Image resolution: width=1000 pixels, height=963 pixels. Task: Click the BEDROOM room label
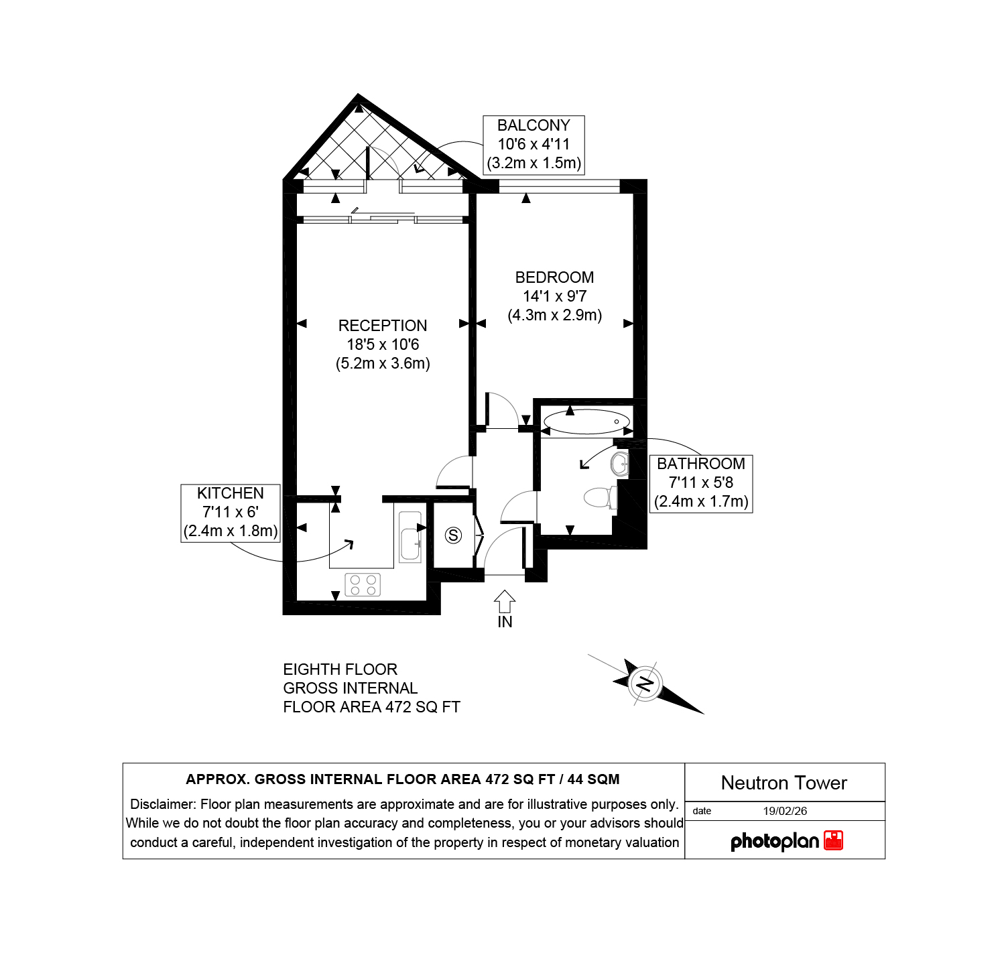pos(554,277)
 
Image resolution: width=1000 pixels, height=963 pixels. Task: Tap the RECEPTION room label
pos(383,326)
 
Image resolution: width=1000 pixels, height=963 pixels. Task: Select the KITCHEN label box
pos(231,513)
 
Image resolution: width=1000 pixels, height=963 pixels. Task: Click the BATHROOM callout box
pos(701,483)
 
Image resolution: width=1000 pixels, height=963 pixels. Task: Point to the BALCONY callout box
pos(534,145)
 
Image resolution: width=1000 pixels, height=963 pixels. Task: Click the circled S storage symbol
pos(454,535)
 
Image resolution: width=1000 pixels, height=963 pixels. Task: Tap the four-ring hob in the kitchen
pos(363,584)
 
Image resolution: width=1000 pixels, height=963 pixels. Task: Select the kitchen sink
pos(410,537)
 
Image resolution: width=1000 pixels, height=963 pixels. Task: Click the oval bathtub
pos(586,422)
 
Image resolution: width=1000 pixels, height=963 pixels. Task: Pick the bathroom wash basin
pos(621,463)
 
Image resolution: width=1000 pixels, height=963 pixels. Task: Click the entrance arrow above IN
pos(505,601)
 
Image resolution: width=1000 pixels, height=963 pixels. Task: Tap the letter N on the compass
pos(645,684)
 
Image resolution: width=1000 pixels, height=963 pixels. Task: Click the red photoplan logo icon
pos(833,840)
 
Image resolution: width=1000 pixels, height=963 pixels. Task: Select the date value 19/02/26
pos(785,811)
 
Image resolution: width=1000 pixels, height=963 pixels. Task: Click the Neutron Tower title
pos(784,783)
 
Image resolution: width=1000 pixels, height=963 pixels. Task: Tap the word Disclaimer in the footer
pos(163,804)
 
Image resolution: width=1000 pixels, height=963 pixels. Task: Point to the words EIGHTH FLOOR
pos(340,669)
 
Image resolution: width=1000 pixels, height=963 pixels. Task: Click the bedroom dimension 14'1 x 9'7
pos(555,296)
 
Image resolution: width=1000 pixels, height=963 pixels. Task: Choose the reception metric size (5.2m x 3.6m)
pos(383,363)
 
